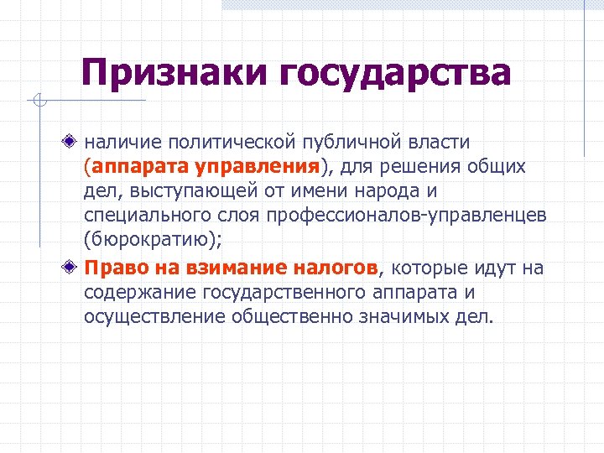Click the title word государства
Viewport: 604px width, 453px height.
[395, 73]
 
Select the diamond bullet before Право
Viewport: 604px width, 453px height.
[74, 268]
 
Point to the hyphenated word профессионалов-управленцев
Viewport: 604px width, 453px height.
[406, 216]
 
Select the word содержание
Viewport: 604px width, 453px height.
[138, 293]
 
